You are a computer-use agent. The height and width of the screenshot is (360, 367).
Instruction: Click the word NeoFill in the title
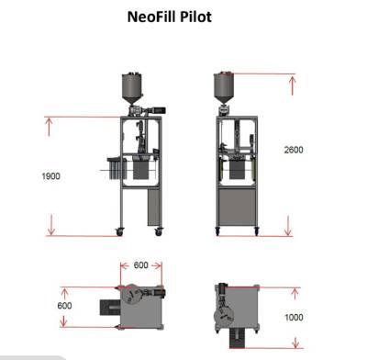click(151, 17)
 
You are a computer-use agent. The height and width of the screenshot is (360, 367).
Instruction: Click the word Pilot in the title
click(195, 17)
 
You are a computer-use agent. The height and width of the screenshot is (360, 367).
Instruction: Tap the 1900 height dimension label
click(50, 176)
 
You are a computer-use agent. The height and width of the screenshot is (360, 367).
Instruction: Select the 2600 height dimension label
click(294, 150)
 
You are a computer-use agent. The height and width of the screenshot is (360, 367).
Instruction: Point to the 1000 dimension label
click(294, 318)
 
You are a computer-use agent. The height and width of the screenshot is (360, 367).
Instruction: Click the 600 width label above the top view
click(141, 265)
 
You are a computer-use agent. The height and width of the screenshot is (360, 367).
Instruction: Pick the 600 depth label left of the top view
click(64, 306)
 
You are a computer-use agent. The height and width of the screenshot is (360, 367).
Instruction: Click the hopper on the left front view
click(132, 88)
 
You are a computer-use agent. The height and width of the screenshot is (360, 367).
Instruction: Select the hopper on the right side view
click(223, 87)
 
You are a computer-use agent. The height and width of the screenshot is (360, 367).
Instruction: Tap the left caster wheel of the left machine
click(119, 232)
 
